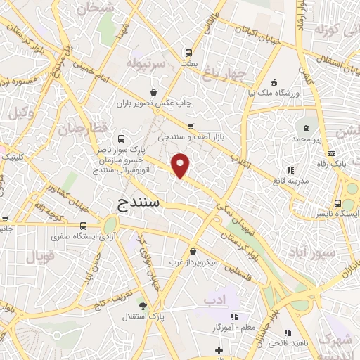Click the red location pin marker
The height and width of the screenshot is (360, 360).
coord(181,165)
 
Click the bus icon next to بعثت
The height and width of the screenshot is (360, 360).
coord(188,53)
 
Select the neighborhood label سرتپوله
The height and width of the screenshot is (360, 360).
coord(146,64)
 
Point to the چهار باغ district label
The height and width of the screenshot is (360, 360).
coord(227,74)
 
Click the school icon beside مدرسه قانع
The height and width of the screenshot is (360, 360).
coord(290,170)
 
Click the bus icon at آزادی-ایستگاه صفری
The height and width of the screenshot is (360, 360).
coord(84,226)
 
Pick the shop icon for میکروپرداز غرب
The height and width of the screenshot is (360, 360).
coord(193,251)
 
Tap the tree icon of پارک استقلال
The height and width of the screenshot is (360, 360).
coord(143,306)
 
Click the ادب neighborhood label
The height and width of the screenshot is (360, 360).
coord(213,300)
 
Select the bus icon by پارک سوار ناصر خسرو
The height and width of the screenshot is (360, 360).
coord(122,139)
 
